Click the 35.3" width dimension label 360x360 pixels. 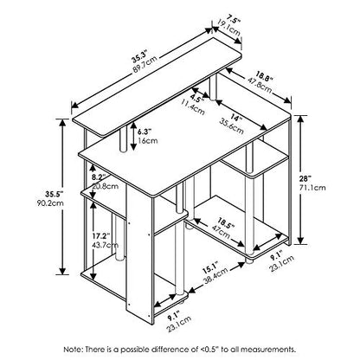pos(140,56)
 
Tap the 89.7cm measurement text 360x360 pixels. pos(144,65)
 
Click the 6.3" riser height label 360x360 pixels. pos(145,132)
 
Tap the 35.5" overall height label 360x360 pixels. pos(54,194)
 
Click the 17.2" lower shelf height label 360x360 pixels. pos(101,236)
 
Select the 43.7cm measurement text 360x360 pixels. pos(106,245)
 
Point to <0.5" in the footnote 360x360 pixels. pos(210,350)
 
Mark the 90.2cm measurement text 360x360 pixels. pos(50,202)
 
